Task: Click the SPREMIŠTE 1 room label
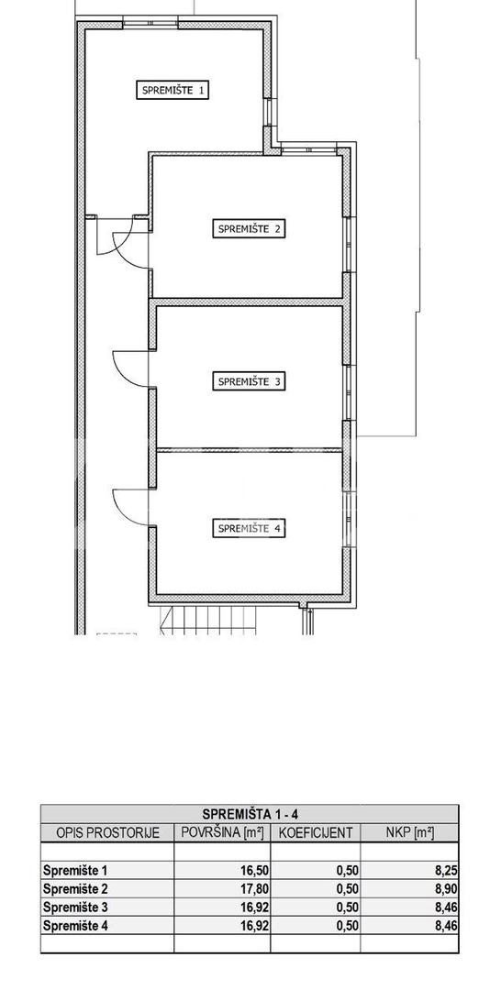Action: pos(173,90)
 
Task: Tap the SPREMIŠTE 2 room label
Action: pos(249,228)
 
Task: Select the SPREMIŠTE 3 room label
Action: pos(249,381)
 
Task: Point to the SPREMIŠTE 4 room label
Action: pos(249,529)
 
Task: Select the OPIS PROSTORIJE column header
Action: pos(107,832)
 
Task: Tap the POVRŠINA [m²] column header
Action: pos(222,832)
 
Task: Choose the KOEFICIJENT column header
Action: pos(316,832)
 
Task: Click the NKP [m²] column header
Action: pos(409,832)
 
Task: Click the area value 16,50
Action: pos(254,871)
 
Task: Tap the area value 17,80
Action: pos(254,889)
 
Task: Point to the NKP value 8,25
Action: pos(446,871)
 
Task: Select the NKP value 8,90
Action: pos(446,889)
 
